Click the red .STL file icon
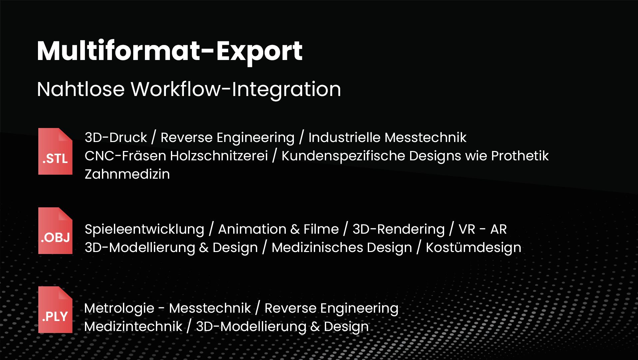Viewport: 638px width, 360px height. pyautogui.click(x=55, y=151)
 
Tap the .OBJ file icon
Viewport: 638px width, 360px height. pyautogui.click(x=55, y=231)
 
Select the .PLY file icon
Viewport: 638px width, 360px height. pyautogui.click(x=55, y=310)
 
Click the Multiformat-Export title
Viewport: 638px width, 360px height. pyautogui.click(x=170, y=52)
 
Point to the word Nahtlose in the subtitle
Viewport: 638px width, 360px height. pyautogui.click(x=81, y=89)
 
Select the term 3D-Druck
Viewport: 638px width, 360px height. pyautogui.click(x=116, y=137)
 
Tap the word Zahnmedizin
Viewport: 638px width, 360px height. pyautogui.click(x=127, y=174)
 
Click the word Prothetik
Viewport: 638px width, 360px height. pyautogui.click(x=520, y=156)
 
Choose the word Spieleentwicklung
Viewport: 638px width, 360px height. pyautogui.click(x=145, y=229)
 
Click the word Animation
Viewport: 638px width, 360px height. pyautogui.click(x=252, y=229)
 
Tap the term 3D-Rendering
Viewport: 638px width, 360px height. pyautogui.click(x=399, y=229)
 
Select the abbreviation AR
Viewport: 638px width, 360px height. pyautogui.click(x=498, y=229)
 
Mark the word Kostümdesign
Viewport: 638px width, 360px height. pyautogui.click(x=474, y=248)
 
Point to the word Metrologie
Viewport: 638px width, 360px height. pyautogui.click(x=119, y=308)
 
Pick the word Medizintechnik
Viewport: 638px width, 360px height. pyautogui.click(x=133, y=326)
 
